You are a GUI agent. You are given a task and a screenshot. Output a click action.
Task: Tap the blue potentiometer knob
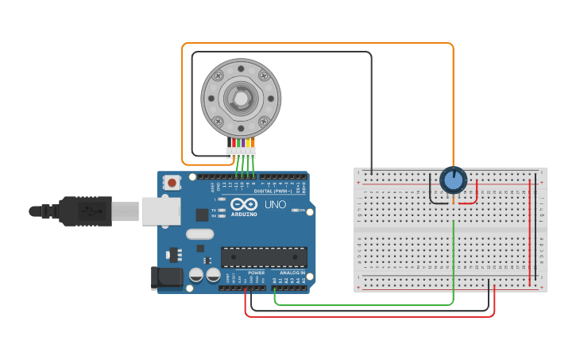[453, 180]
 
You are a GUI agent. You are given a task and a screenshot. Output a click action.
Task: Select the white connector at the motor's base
[240, 151]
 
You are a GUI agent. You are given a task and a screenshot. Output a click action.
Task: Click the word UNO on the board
[274, 204]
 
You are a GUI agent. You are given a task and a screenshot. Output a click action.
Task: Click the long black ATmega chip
[263, 257]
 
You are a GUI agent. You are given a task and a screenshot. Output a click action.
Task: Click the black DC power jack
[164, 277]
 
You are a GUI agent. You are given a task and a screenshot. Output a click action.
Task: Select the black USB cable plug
[83, 211]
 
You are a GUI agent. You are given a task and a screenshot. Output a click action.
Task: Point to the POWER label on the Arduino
[256, 273]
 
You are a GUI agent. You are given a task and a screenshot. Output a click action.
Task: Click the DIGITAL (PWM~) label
[270, 192]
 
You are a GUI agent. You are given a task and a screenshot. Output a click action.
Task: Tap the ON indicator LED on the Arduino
[294, 210]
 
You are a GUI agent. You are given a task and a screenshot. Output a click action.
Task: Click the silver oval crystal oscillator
[200, 234]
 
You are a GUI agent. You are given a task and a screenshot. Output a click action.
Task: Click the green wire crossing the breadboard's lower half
[453, 254]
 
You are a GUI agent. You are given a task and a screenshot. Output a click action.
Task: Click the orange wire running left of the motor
[183, 103]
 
